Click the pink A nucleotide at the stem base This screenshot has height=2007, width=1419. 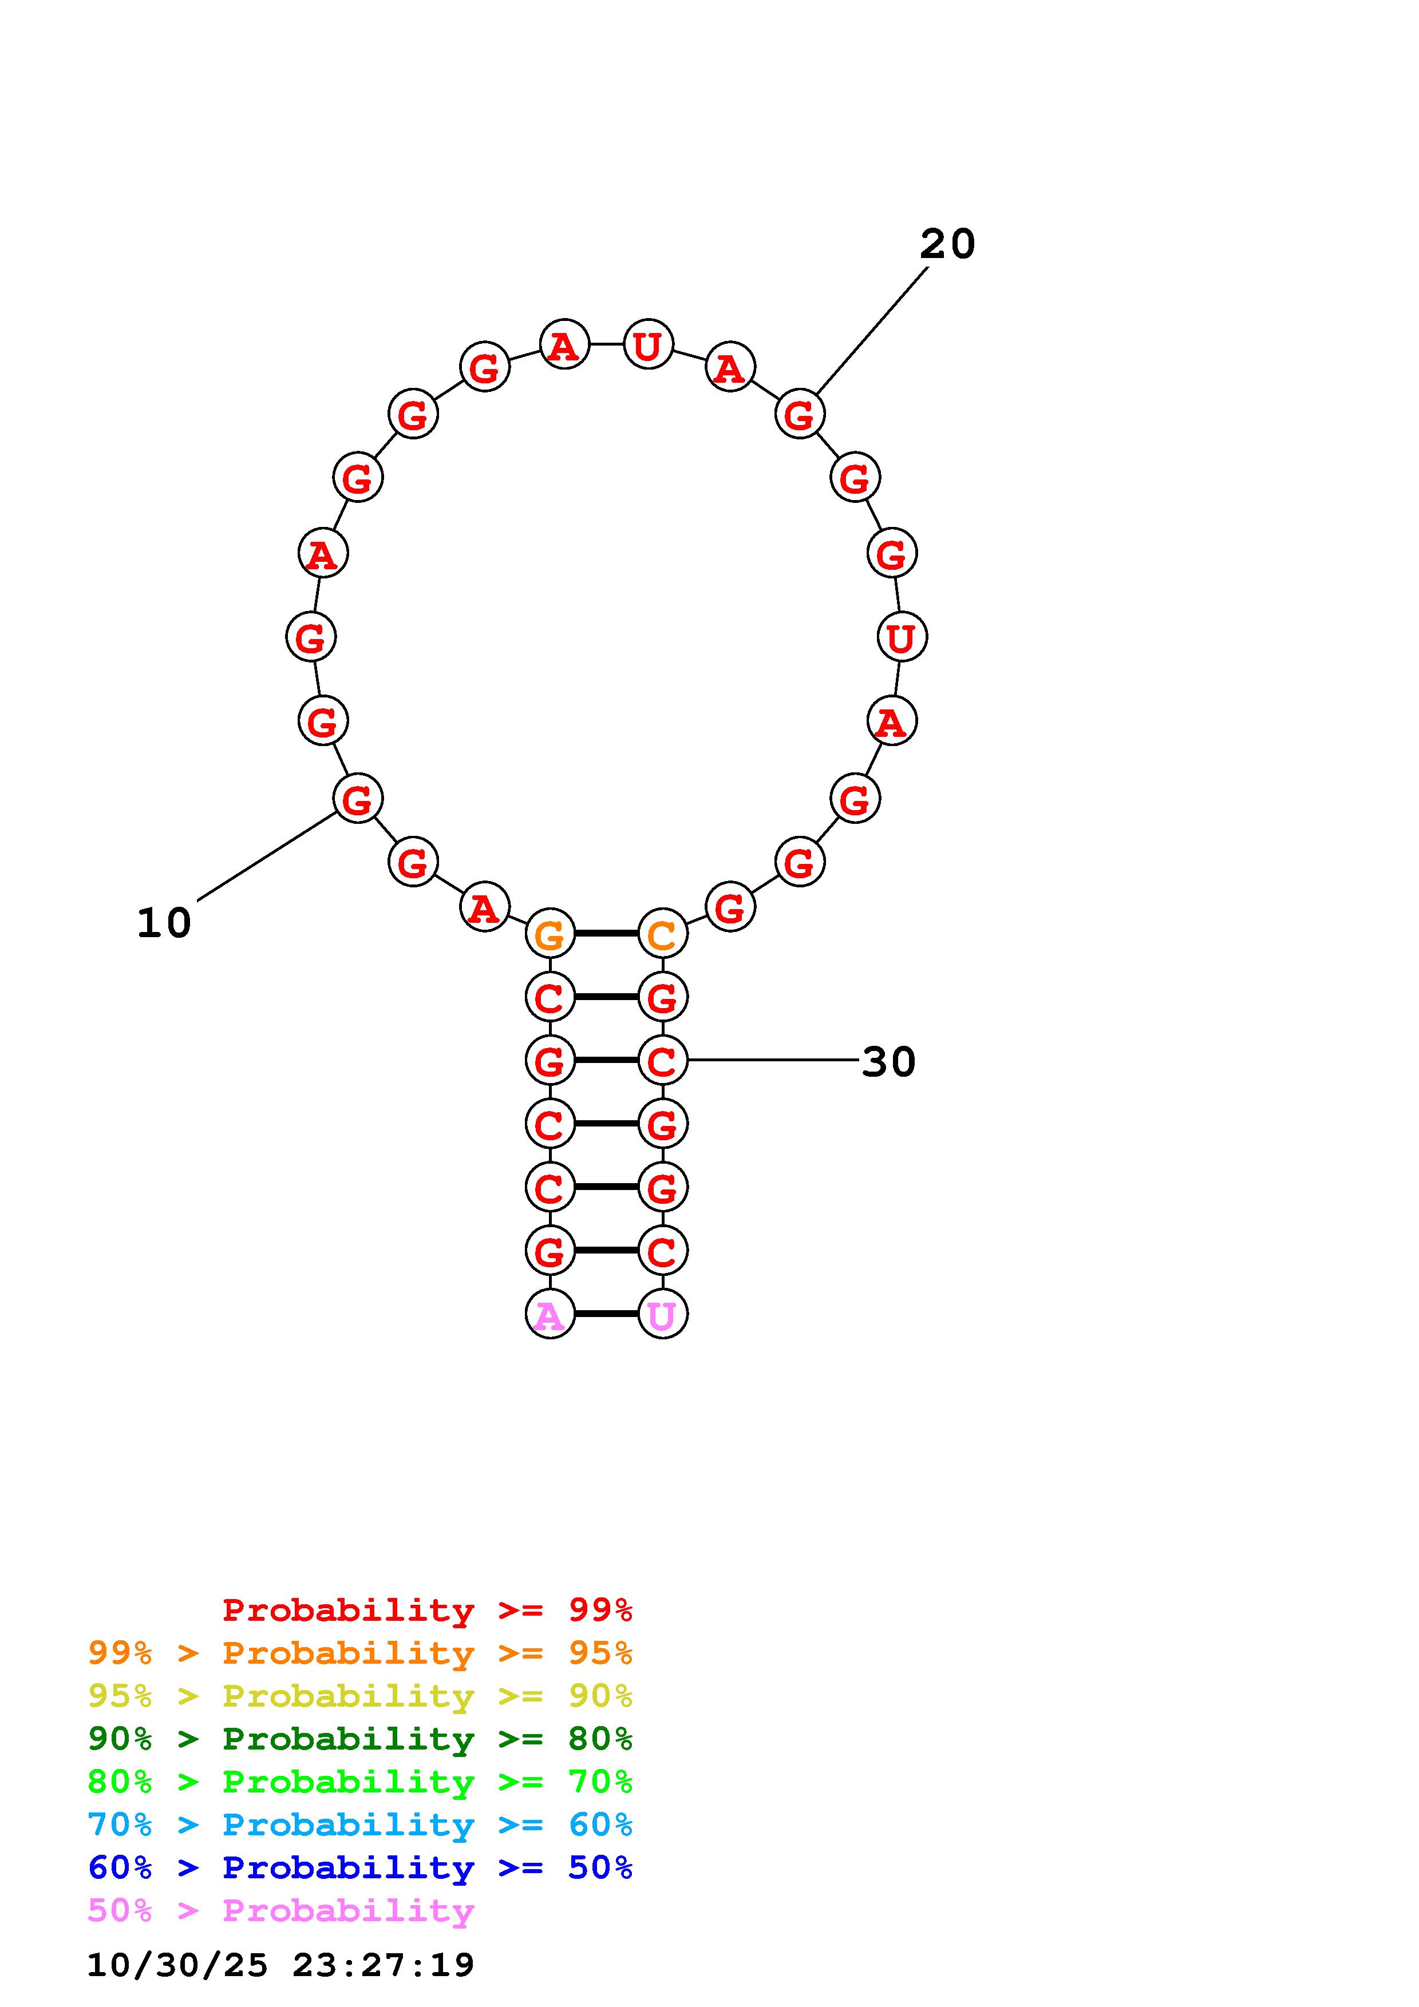(x=550, y=1314)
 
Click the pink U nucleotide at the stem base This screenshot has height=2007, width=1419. (x=663, y=1314)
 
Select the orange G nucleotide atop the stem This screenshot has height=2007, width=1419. (x=550, y=934)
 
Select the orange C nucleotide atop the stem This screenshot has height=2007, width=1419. (x=663, y=934)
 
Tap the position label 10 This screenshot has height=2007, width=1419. (x=164, y=923)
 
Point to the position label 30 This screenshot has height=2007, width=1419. (x=888, y=1061)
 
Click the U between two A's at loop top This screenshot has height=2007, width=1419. (x=648, y=344)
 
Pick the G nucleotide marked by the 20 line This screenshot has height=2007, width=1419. (x=800, y=414)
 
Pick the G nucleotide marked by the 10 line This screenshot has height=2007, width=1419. (x=358, y=798)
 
